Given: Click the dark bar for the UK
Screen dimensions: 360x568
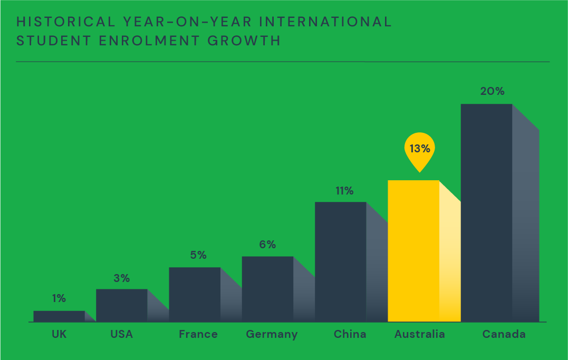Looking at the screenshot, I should point(59,316).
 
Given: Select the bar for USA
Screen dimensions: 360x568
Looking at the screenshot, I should point(121,305).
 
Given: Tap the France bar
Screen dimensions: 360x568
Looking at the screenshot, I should point(195,294).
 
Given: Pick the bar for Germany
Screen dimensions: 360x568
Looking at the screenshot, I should point(267,289).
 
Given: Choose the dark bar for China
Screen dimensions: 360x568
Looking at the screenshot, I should point(341,261).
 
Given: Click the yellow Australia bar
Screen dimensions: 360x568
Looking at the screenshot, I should point(413,250).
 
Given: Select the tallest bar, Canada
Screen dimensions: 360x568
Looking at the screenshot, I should point(486,212).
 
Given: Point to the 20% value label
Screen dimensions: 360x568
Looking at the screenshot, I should point(492,91).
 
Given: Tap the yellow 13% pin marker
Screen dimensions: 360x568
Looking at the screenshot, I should point(420,149).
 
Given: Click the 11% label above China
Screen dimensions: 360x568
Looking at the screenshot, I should point(344,191).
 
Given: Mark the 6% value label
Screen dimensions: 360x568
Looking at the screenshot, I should point(267,245).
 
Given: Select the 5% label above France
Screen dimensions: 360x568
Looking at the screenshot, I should point(198,255).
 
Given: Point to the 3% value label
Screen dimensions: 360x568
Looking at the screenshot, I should point(121,278).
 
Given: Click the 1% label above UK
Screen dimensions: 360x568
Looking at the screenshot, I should point(59,298).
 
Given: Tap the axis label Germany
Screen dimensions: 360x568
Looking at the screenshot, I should point(272,334).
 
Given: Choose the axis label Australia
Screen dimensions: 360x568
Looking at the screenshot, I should point(420,334).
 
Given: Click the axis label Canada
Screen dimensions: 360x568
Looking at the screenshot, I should point(504,334).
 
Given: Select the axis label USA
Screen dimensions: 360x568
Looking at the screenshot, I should point(121,334).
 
